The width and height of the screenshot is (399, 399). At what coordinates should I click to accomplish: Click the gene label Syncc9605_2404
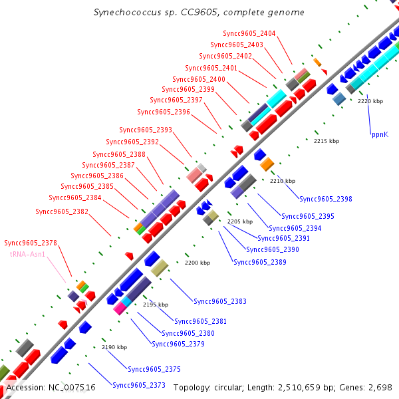tap(249, 34)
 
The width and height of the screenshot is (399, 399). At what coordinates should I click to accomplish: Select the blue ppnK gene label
tap(380, 134)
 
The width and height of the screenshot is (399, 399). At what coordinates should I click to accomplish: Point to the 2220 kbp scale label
tap(370, 101)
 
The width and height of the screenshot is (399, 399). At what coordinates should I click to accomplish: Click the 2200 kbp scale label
tap(197, 263)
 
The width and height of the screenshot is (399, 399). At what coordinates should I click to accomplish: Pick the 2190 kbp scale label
tap(114, 347)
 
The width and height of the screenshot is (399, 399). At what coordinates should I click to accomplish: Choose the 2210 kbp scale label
tap(283, 181)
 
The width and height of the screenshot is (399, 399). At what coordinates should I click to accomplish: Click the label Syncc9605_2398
tap(326, 199)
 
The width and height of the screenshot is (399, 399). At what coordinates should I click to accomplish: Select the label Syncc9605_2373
tap(139, 385)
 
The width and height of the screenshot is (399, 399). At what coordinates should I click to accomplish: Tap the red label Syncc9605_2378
tap(31, 243)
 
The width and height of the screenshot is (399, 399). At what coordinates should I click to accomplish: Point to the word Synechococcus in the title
tap(122, 12)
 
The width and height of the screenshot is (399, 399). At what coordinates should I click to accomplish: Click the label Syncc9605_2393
tap(146, 130)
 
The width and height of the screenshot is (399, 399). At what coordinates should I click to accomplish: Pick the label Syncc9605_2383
tap(220, 301)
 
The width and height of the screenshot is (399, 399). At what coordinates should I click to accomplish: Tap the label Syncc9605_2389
tap(260, 262)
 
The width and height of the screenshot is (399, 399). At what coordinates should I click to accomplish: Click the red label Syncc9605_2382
tap(62, 211)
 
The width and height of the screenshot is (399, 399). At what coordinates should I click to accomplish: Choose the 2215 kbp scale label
tap(327, 141)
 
